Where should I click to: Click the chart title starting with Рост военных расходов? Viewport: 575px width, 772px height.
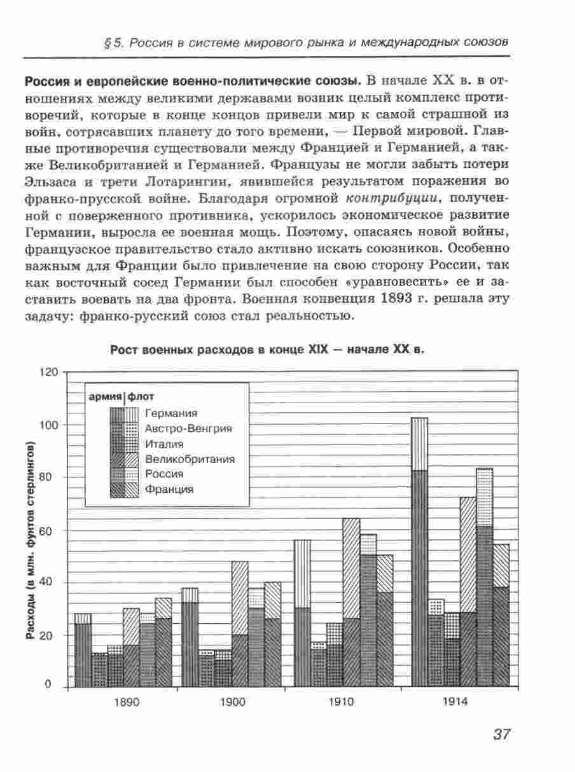[x=267, y=350]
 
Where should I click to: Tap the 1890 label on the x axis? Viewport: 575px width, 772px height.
[x=127, y=703]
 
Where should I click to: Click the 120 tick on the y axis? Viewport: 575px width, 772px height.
[x=50, y=372]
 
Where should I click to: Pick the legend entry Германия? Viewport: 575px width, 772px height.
[x=170, y=413]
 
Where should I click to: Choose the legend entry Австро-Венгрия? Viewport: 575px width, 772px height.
[x=188, y=429]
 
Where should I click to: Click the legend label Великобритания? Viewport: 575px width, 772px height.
[x=190, y=459]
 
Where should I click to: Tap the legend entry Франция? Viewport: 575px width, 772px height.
[x=169, y=489]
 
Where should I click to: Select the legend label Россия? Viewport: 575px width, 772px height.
[x=164, y=474]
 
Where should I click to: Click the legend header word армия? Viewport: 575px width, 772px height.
[x=105, y=397]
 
